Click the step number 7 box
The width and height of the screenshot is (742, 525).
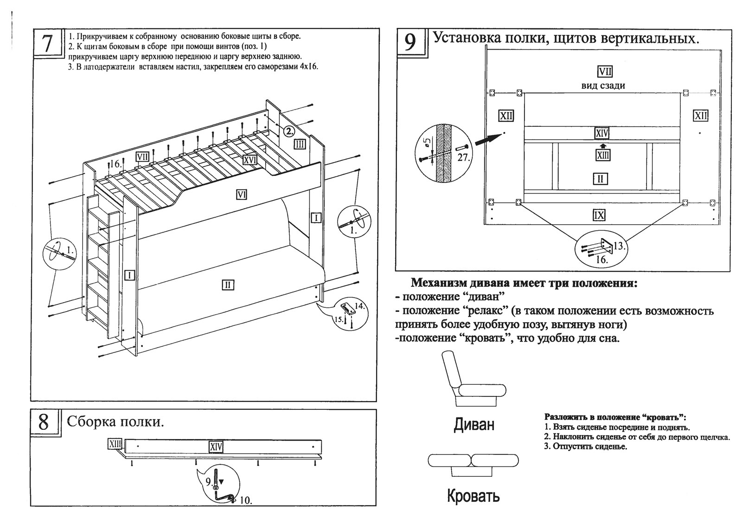(x=47, y=44)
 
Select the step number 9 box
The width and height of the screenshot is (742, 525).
(x=410, y=42)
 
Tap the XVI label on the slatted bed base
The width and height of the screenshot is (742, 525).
(x=250, y=160)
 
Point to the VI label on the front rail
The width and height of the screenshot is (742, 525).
(x=241, y=194)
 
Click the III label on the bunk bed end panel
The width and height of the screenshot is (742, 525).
(x=300, y=144)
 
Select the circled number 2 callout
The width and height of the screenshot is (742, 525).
(x=288, y=131)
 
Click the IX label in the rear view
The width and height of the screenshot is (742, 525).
(x=599, y=215)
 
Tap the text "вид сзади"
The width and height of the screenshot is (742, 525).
(x=603, y=85)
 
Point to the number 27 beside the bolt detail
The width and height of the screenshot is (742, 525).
(x=463, y=157)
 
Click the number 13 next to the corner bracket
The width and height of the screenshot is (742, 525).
(x=619, y=246)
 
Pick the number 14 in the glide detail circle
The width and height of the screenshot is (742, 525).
(x=359, y=306)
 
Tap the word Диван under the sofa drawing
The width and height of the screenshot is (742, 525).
(x=473, y=424)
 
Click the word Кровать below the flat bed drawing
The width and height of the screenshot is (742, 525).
(x=473, y=496)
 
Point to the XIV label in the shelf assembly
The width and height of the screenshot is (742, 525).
(x=216, y=447)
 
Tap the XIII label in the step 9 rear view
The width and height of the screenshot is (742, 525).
(x=602, y=155)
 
